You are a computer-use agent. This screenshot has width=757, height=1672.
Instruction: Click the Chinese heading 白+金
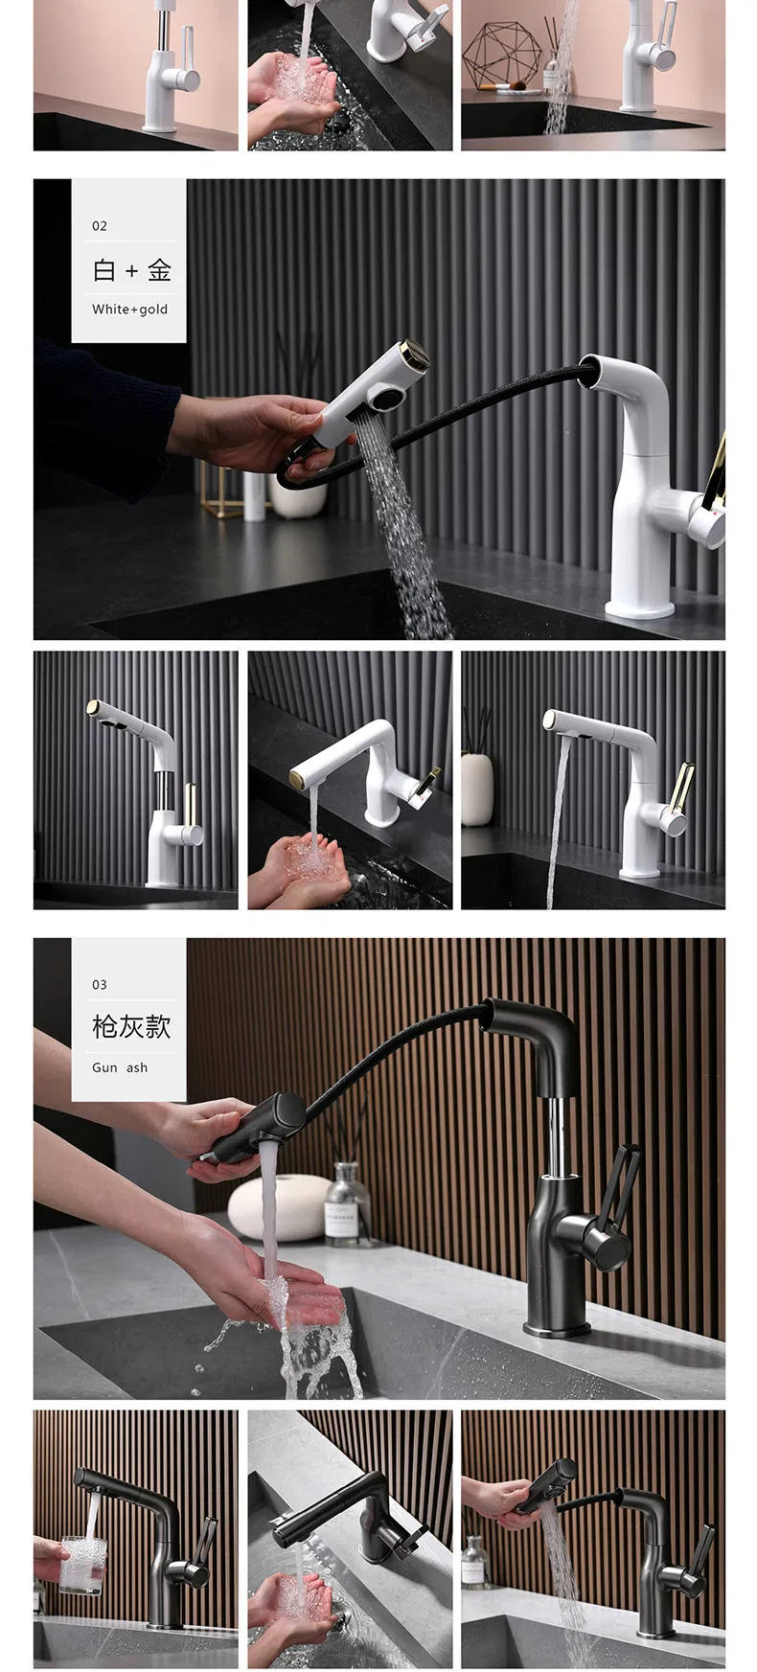131,271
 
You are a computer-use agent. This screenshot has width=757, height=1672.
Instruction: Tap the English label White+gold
129,309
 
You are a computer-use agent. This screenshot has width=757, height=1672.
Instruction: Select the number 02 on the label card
100,226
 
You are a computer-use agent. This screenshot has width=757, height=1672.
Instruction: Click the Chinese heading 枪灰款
131,1027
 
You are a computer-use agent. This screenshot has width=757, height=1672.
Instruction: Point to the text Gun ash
120,1067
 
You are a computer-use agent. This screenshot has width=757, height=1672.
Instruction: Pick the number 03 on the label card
100,985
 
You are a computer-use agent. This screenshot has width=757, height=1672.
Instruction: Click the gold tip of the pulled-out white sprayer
416,354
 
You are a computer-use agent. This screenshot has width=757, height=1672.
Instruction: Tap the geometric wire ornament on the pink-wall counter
501,55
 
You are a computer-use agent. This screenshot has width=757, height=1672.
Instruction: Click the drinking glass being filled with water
83,1564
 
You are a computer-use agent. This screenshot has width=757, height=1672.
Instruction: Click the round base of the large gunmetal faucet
557,1329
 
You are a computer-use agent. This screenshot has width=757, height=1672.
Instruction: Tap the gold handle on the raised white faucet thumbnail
190,803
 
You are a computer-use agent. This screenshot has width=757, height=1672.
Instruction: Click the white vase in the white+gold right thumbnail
476,788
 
